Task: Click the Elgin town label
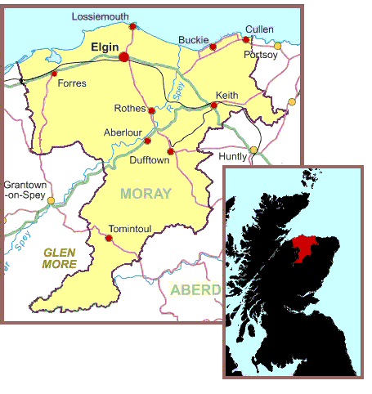click(106, 47)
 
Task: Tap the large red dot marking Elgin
click(124, 57)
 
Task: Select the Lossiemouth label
click(101, 16)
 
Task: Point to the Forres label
click(73, 83)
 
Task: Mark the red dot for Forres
click(55, 74)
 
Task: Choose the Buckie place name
click(194, 38)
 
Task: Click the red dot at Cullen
click(245, 39)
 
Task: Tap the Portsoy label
click(261, 55)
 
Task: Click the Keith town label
click(226, 96)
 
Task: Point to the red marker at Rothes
click(152, 110)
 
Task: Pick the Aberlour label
click(123, 132)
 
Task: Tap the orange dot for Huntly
click(253, 150)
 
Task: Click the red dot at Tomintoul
click(109, 238)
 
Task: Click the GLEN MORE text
click(60, 259)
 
